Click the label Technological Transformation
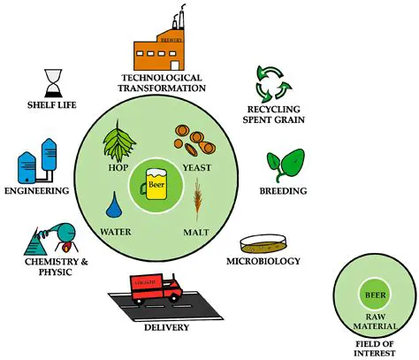click(164, 83)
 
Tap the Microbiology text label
click(263, 261)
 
